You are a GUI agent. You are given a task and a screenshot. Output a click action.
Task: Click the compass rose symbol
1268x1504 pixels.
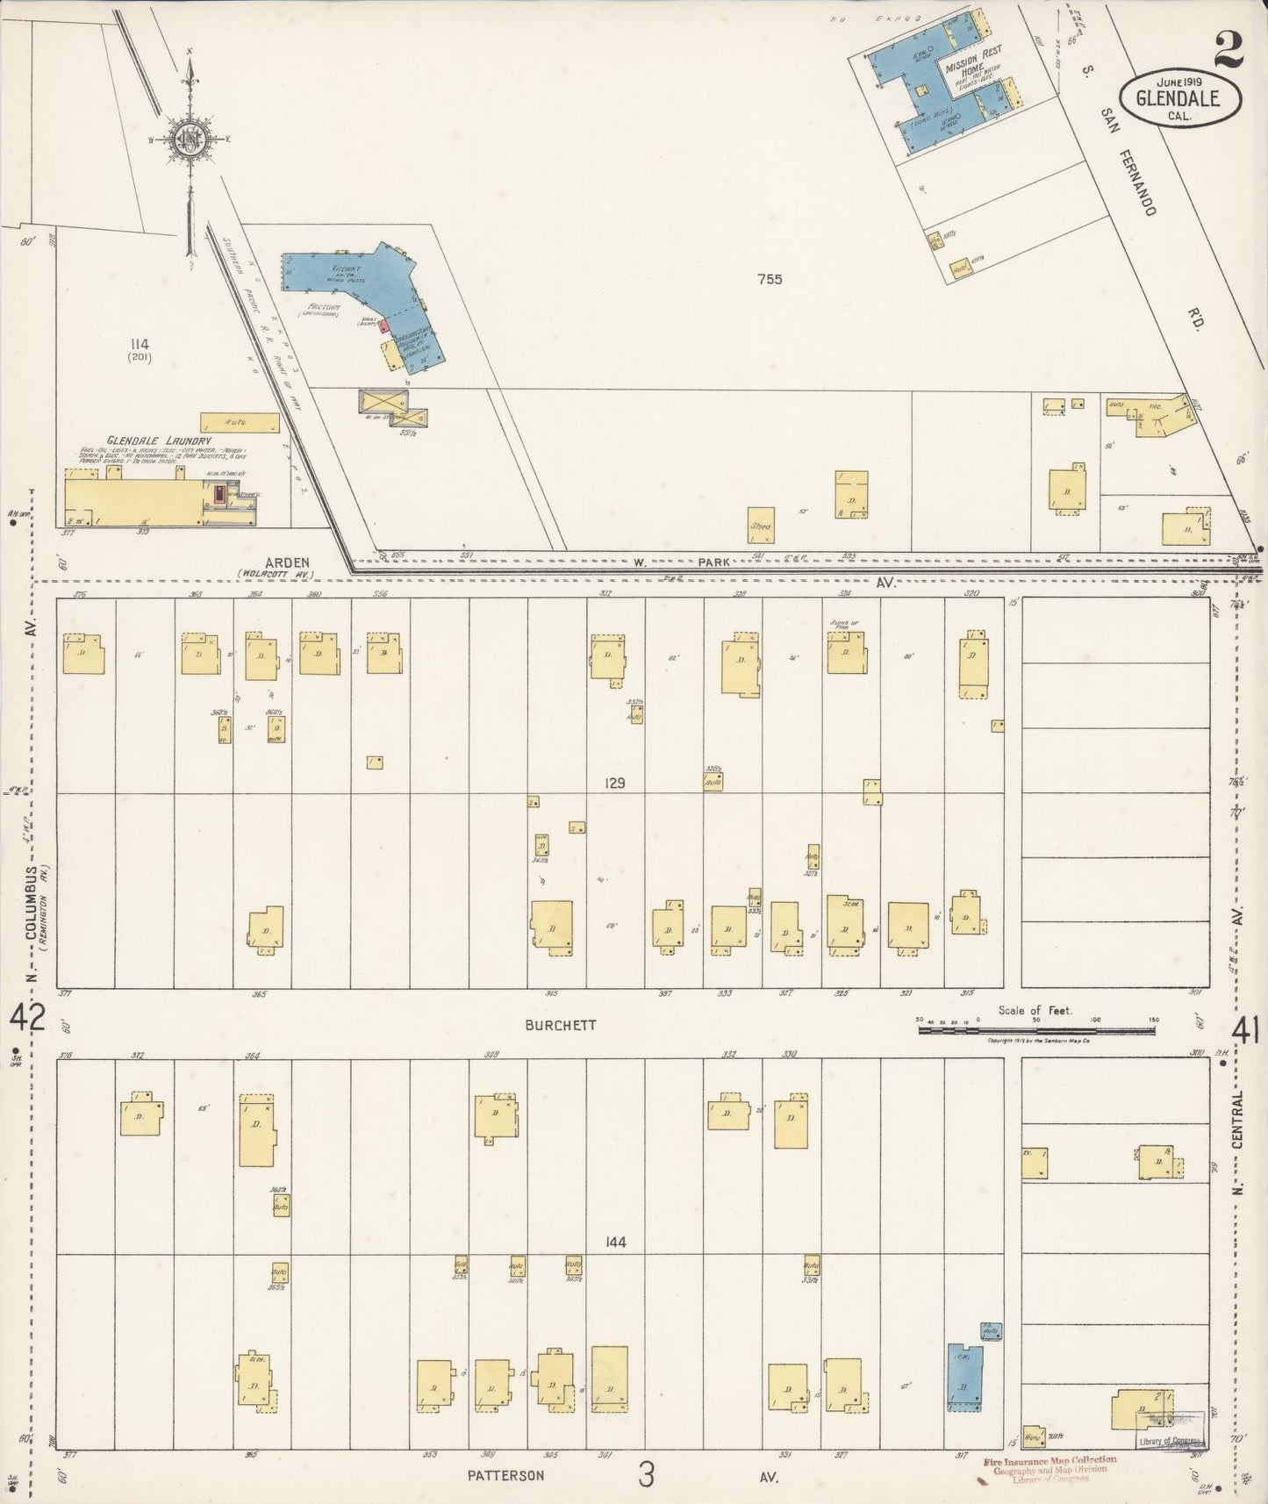pyautogui.click(x=189, y=140)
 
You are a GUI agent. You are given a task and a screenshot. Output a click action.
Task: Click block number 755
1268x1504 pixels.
pyautogui.click(x=770, y=280)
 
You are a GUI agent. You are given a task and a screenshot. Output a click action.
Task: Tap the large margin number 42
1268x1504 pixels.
pyautogui.click(x=26, y=1020)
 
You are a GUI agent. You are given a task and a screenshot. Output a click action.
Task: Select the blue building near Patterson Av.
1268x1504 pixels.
pyautogui.click(x=964, y=1377)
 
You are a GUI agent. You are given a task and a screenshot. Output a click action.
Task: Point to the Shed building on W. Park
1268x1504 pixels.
pyautogui.click(x=761, y=525)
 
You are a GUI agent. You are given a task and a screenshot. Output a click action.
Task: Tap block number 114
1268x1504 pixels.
pyautogui.click(x=138, y=345)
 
